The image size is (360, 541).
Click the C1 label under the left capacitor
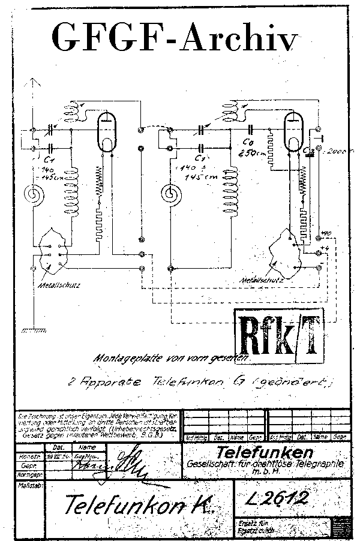click(x=49, y=160)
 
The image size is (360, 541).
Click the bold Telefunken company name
click(x=265, y=451)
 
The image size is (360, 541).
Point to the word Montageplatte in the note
click(x=122, y=358)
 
